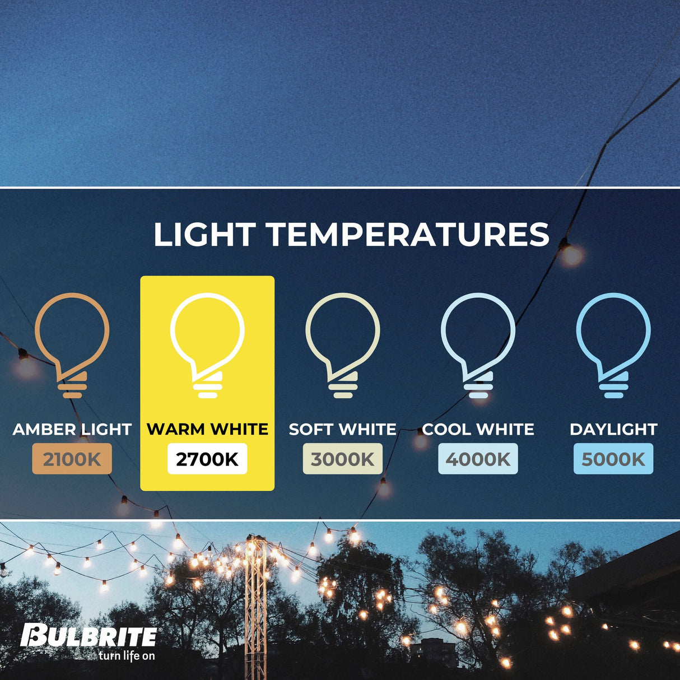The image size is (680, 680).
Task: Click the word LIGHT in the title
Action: point(204,235)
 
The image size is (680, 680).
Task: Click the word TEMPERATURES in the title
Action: point(408,235)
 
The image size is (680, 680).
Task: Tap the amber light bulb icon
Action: point(72,343)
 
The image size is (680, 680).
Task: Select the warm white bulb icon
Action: point(207,343)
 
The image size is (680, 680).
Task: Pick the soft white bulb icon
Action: point(342,343)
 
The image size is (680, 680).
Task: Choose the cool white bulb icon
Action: point(478,343)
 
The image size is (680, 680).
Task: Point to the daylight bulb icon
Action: point(613,343)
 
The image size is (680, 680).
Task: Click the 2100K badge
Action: point(72,459)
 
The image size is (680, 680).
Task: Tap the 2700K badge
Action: point(207,459)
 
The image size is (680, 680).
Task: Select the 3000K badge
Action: point(342,459)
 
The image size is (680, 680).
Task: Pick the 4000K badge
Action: point(478,459)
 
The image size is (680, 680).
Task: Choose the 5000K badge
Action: point(613,459)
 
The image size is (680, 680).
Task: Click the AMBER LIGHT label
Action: point(72,430)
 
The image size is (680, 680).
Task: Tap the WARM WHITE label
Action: point(207,430)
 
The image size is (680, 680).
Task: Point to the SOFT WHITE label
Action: point(342,430)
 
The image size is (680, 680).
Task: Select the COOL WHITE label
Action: point(478,430)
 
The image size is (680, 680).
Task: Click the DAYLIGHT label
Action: point(613,430)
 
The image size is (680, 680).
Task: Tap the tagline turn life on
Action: point(127,656)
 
